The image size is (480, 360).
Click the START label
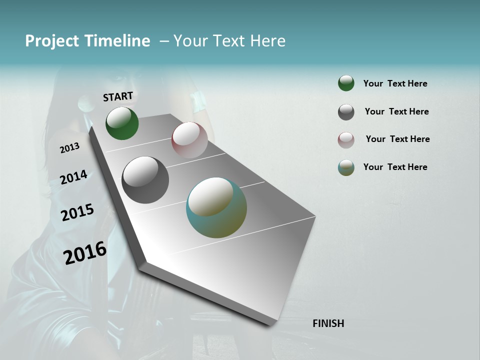pyautogui.click(x=118, y=96)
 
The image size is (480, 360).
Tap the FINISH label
pyautogui.click(x=328, y=323)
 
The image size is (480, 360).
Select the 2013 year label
pyautogui.click(x=69, y=148)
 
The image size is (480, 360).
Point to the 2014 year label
pyautogui.click(x=73, y=177)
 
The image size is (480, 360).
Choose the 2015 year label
pyautogui.click(x=77, y=212)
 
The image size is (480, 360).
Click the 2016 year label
pyautogui.click(x=85, y=252)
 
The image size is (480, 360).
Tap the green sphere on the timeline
pyautogui.click(x=122, y=123)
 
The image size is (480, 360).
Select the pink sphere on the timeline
pyautogui.click(x=189, y=140)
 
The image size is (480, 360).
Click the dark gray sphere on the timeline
pyautogui.click(x=145, y=180)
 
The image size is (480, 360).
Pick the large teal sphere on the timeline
pyautogui.click(x=216, y=207)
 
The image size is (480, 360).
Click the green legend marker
pyautogui.click(x=346, y=83)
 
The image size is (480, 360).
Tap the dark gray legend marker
pyautogui.click(x=346, y=112)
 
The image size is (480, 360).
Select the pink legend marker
pyautogui.click(x=346, y=139)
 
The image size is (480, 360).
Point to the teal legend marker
pyautogui.click(x=346, y=167)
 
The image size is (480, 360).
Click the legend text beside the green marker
pyautogui.click(x=395, y=83)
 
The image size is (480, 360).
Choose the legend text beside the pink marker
pyautogui.click(x=397, y=139)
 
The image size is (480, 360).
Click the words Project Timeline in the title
pyautogui.click(x=87, y=41)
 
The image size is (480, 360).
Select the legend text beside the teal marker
pyautogui.click(x=395, y=167)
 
